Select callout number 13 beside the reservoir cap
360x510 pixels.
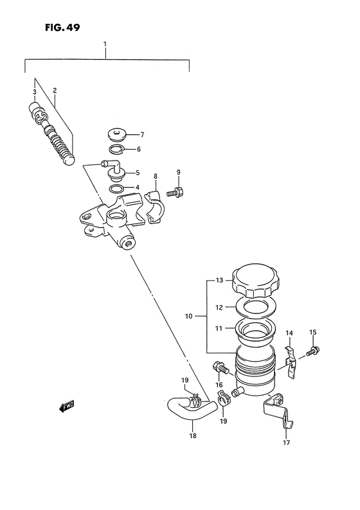[219, 280]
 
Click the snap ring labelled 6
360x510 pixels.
[116, 150]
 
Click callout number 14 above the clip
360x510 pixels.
[290, 333]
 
